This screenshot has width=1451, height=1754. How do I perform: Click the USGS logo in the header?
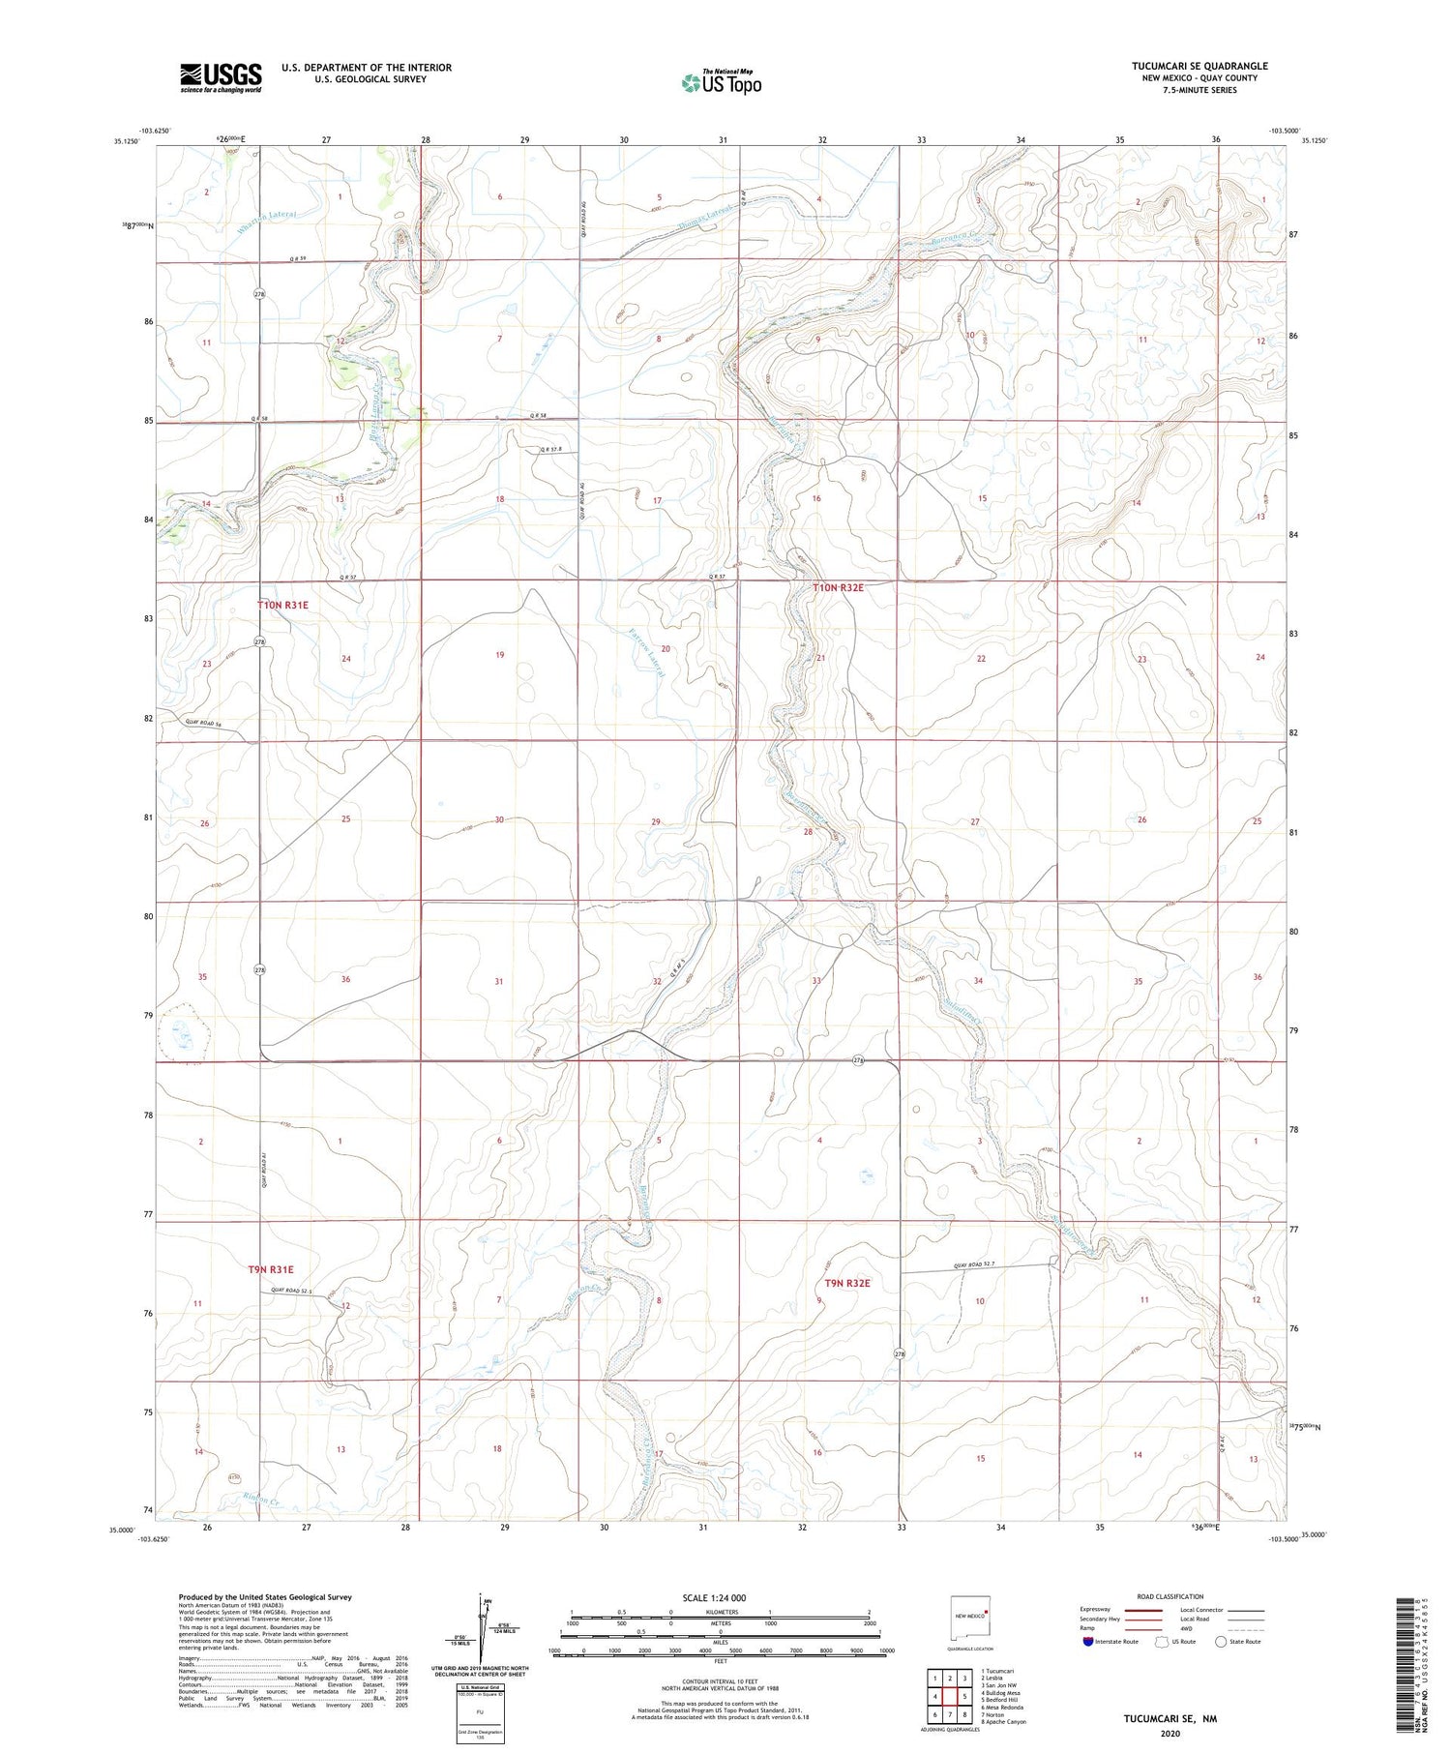[x=221, y=77]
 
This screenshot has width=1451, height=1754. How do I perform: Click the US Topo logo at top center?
[x=721, y=83]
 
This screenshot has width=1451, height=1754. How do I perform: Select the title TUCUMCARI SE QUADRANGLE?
[x=1199, y=66]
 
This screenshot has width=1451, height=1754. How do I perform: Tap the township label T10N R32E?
[x=838, y=588]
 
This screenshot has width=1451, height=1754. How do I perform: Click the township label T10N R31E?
[x=282, y=605]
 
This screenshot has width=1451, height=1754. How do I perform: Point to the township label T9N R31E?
[x=270, y=1268]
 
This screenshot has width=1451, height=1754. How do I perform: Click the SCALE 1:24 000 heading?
[x=714, y=1597]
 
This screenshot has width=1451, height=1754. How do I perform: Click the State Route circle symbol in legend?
[x=1221, y=1641]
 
